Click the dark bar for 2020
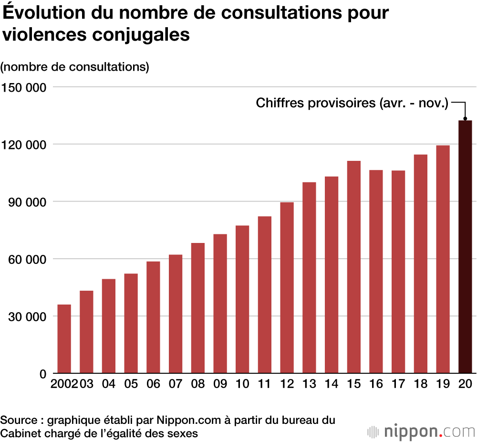pos(465,247)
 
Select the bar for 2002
pos(64,339)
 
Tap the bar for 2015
pos(354,267)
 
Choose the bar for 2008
pos(198,308)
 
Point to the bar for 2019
pos(443,259)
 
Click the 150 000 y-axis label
pos(23,87)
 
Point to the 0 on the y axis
pos(42,374)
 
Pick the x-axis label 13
pos(309,385)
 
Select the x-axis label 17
pos(398,385)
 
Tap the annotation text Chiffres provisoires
pos(352,103)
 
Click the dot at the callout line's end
pos(465,119)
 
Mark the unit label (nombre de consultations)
pos(75,67)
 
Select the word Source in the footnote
pos(19,420)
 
